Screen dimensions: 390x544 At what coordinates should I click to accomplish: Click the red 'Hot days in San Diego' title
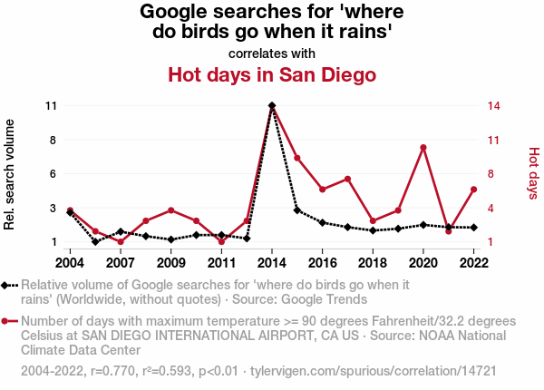click(x=272, y=74)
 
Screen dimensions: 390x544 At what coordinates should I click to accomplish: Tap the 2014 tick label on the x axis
click(x=272, y=263)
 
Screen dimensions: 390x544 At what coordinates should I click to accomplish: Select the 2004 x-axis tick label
click(x=70, y=263)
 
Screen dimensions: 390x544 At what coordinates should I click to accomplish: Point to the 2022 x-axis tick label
click(x=474, y=263)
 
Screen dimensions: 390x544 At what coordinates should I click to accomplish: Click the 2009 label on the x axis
click(x=171, y=263)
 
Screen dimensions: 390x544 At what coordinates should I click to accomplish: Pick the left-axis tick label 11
click(x=51, y=105)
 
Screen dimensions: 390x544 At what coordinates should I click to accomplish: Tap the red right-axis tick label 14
click(x=494, y=105)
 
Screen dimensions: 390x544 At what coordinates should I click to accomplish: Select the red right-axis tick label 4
click(x=491, y=208)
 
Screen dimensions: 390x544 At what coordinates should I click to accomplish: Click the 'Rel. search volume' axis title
click(x=10, y=172)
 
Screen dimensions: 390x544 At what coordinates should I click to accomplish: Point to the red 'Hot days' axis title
click(x=533, y=172)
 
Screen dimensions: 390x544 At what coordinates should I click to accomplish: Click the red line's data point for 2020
click(x=423, y=147)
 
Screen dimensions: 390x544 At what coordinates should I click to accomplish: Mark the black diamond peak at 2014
click(x=272, y=105)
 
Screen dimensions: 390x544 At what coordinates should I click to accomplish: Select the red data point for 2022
click(x=474, y=189)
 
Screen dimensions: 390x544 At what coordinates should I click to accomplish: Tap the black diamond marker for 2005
click(x=95, y=242)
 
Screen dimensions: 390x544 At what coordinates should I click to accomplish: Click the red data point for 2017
click(x=348, y=179)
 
